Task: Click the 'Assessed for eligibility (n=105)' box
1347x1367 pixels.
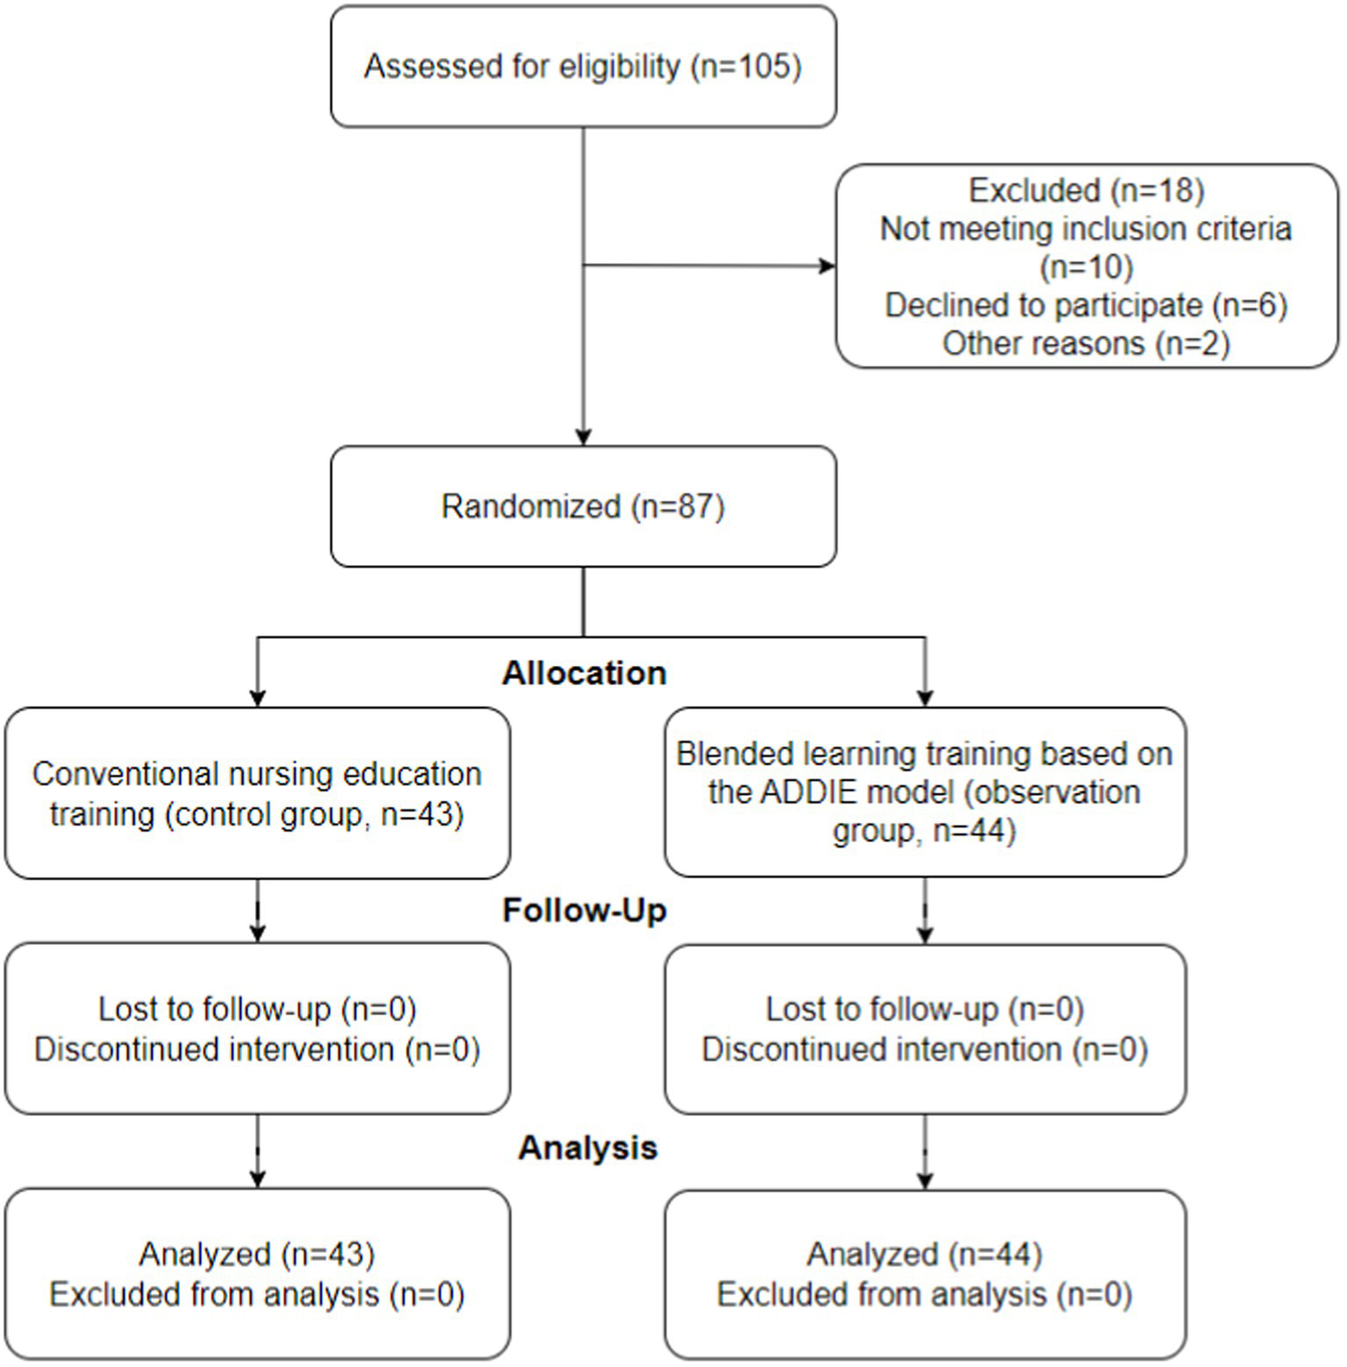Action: [583, 67]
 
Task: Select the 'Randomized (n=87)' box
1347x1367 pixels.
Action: [583, 506]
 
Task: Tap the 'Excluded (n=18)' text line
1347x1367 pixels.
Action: [1085, 190]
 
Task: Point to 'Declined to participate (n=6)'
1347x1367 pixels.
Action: [1085, 305]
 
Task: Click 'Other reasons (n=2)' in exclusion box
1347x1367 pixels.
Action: [1085, 343]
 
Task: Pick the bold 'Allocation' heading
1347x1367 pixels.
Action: [584, 673]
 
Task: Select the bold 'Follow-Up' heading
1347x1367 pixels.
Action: [584, 910]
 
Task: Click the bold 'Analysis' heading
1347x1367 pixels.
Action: [587, 1148]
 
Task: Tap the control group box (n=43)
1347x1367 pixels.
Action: [257, 793]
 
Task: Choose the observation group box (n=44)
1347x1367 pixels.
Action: [925, 791]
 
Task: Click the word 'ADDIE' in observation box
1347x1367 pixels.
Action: [808, 792]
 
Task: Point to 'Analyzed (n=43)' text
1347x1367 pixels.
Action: [257, 1254]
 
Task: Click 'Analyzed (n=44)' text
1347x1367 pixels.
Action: [925, 1254]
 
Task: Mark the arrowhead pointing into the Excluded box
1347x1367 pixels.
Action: [827, 266]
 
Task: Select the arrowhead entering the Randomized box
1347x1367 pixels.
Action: [584, 437]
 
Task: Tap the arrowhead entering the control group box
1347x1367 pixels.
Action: [257, 698]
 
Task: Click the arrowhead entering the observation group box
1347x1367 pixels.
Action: [925, 698]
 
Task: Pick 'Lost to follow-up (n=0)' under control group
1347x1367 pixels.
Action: [257, 1009]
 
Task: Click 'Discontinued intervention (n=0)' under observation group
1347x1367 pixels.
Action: [925, 1049]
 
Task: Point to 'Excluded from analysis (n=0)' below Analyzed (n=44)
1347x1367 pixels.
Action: [925, 1294]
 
